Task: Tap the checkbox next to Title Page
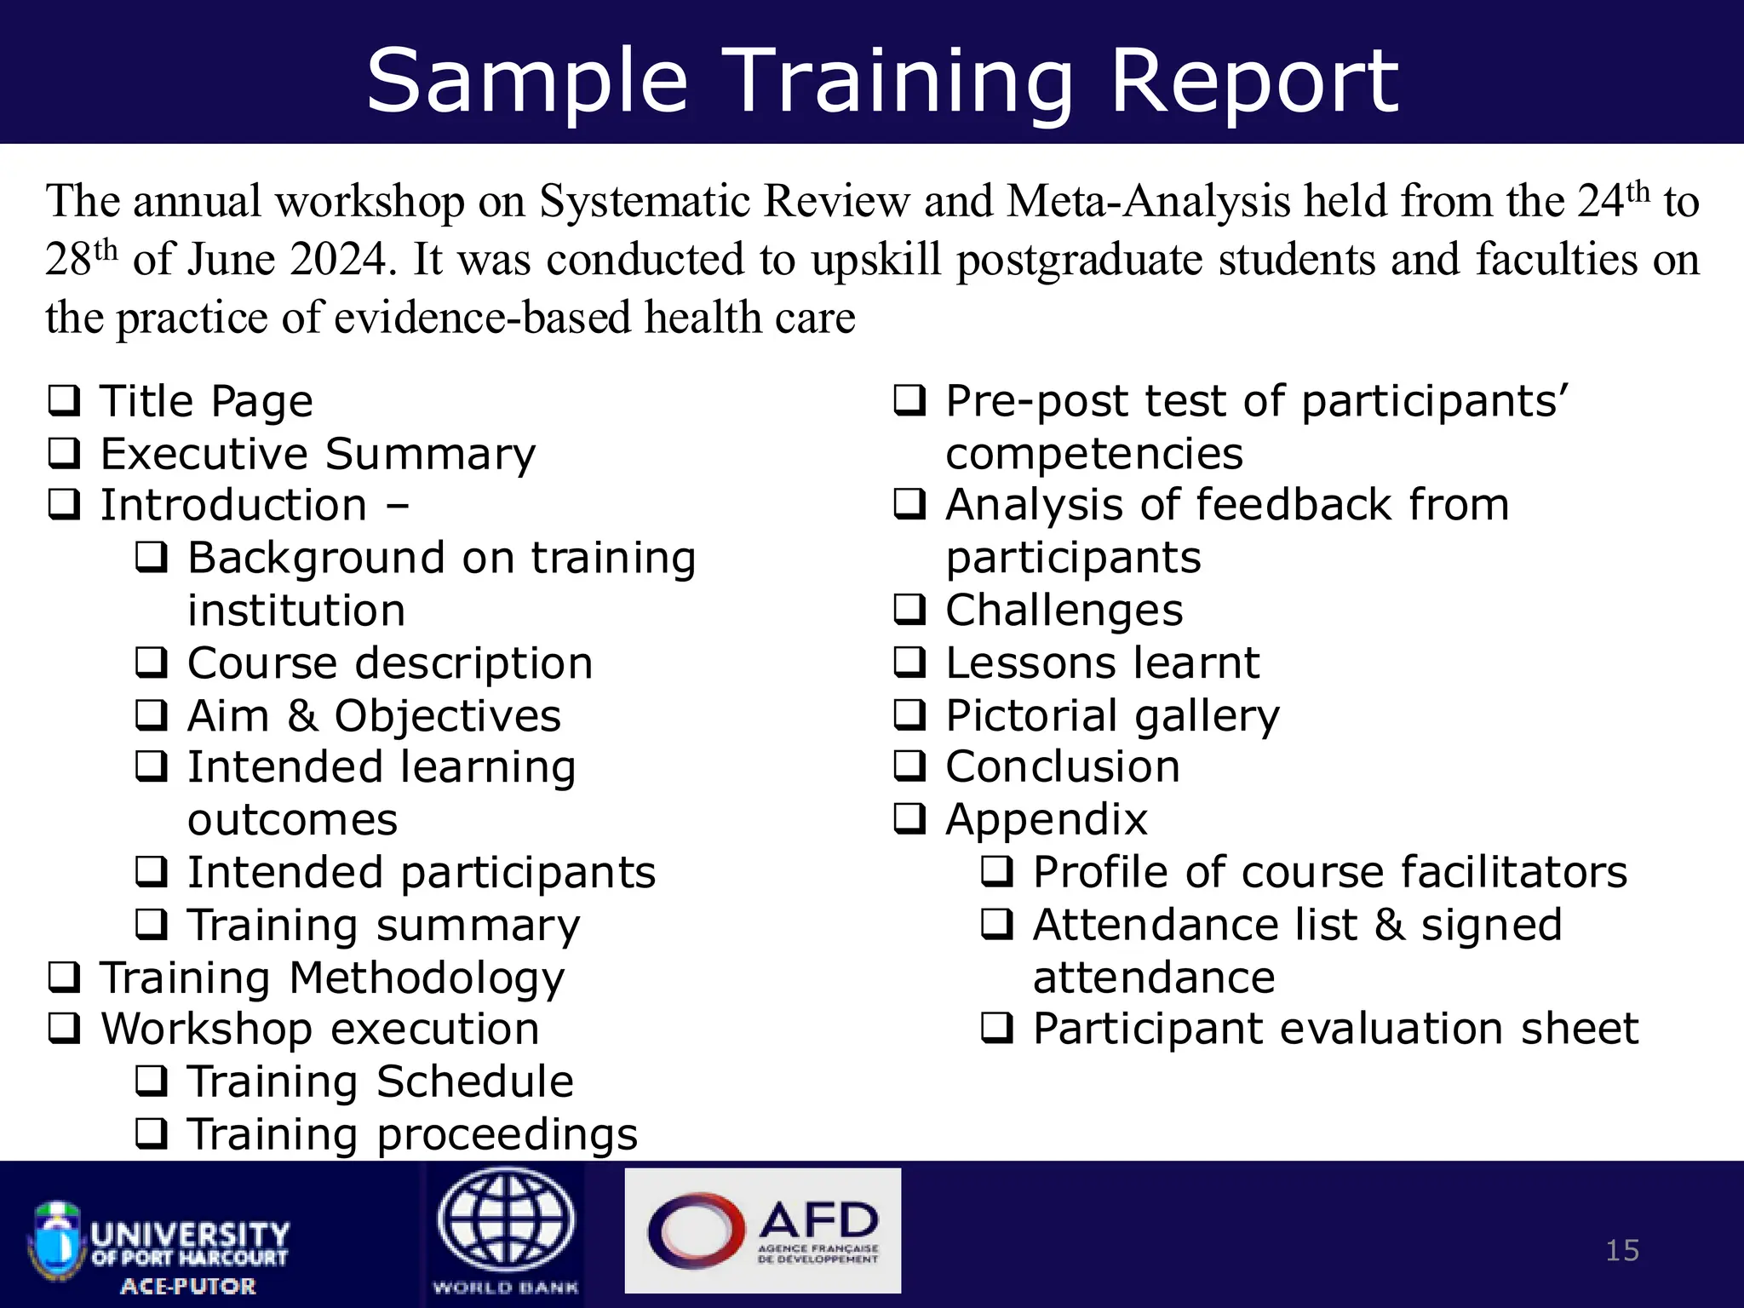coord(65,400)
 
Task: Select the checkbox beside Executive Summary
coord(65,453)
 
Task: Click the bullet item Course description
coord(389,663)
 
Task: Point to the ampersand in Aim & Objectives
coord(302,715)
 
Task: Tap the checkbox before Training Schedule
coord(152,1081)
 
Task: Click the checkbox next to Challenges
coord(909,610)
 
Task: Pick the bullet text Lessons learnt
coord(1102,663)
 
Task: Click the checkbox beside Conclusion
coord(909,766)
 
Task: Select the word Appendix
coord(1047,820)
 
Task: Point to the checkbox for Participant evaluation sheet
coord(997,1029)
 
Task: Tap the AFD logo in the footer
coord(762,1230)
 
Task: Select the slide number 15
coord(1621,1250)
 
